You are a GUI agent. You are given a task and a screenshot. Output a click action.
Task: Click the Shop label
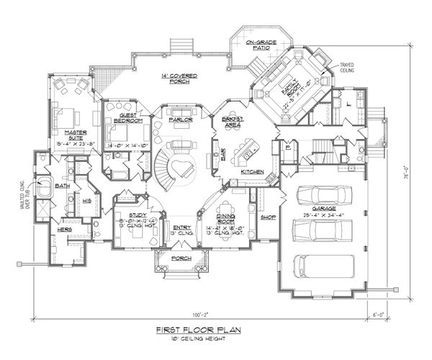[x=269, y=217]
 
